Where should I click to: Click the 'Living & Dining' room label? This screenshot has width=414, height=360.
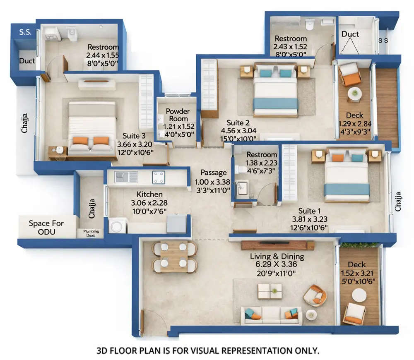(277, 257)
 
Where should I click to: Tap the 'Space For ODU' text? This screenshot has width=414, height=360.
(46, 227)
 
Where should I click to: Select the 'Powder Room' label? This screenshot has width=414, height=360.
(178, 115)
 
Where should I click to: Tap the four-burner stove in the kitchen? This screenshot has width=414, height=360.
(159, 177)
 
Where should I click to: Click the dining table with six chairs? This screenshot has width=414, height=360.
(174, 257)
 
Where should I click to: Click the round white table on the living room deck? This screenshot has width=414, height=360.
(359, 295)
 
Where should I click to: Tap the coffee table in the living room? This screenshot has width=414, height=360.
(270, 291)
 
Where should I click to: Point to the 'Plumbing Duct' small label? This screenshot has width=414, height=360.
(89, 233)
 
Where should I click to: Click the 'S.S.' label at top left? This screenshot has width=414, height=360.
(25, 31)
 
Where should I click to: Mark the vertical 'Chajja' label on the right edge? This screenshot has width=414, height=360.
(398, 201)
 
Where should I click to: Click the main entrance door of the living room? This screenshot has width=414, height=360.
(153, 321)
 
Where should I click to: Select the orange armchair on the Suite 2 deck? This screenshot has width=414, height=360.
(350, 74)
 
